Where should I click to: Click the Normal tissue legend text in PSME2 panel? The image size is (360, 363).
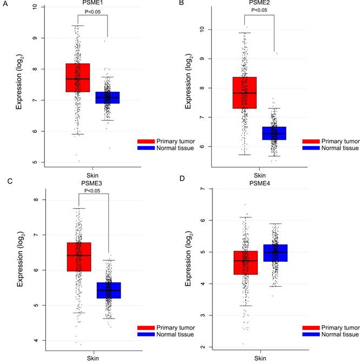coord(338,147)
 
